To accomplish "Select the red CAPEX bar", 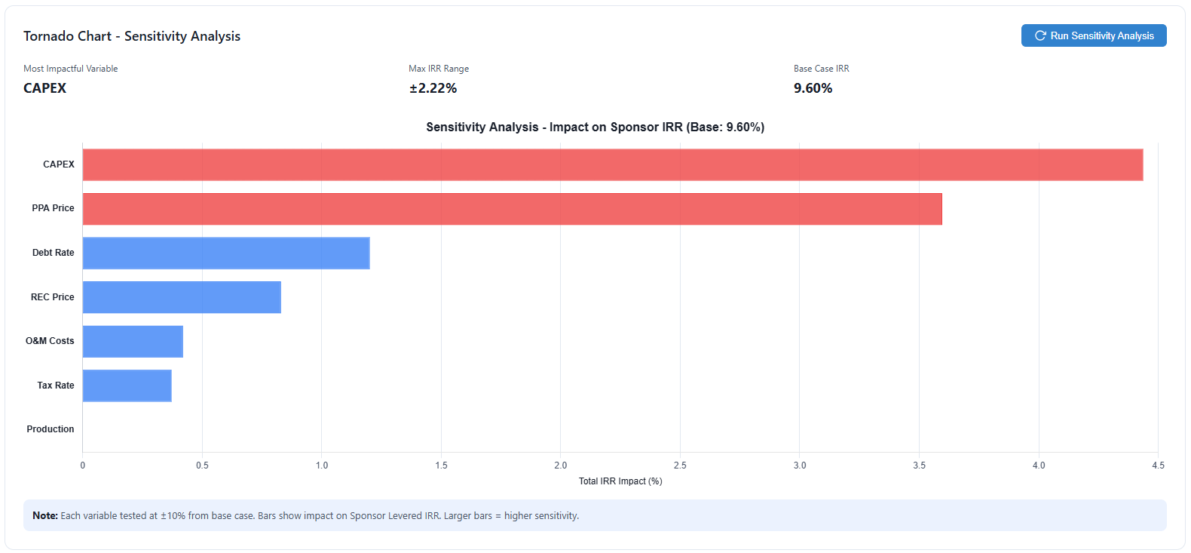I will [x=612, y=164].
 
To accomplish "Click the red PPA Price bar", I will [x=512, y=209].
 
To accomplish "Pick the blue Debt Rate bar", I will [x=225, y=253].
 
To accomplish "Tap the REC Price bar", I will [x=181, y=297].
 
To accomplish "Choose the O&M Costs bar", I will [x=133, y=341].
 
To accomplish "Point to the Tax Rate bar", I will [x=127, y=386].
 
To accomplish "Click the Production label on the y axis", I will [x=51, y=429].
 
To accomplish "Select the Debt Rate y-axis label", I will [x=53, y=253].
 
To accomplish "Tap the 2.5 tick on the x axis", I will [x=680, y=465].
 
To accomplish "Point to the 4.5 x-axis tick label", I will [x=1158, y=465].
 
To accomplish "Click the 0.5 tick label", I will [x=202, y=465].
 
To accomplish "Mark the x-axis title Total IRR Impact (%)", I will [x=620, y=481].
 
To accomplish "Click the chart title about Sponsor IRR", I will [x=595, y=127].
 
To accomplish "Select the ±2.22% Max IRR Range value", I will [x=433, y=88].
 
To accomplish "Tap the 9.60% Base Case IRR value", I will [x=813, y=88].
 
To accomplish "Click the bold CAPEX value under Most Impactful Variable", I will [x=44, y=88].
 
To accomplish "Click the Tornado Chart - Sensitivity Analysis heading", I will [x=132, y=36].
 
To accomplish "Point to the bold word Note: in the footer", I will [x=45, y=516].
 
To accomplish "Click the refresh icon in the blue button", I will [x=1040, y=35].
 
